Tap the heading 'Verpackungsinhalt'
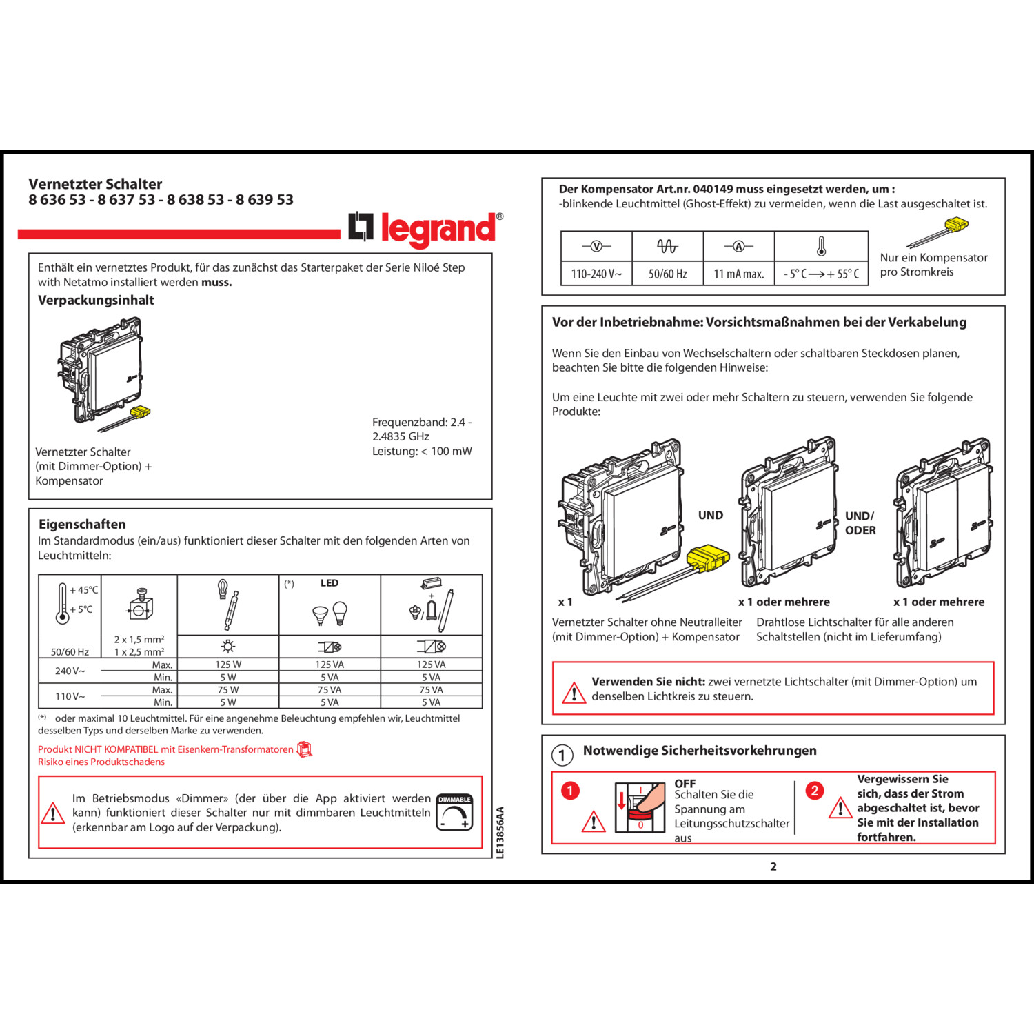[96, 300]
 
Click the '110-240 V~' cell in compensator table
[596, 274]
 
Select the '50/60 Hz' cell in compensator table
[667, 274]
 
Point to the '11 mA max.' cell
[739, 274]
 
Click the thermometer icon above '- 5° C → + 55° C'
[821, 246]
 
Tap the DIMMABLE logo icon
[454, 813]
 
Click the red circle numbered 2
[815, 790]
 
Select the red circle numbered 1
[570, 790]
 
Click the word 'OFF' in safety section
[685, 783]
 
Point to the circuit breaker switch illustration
[639, 807]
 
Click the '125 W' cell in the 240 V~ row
[228, 665]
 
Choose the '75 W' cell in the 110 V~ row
[228, 690]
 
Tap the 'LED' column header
[330, 583]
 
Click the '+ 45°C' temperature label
[84, 590]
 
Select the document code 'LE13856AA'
[500, 832]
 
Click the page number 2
[773, 866]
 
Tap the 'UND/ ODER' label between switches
[860, 523]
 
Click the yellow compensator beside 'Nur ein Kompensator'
[955, 225]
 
